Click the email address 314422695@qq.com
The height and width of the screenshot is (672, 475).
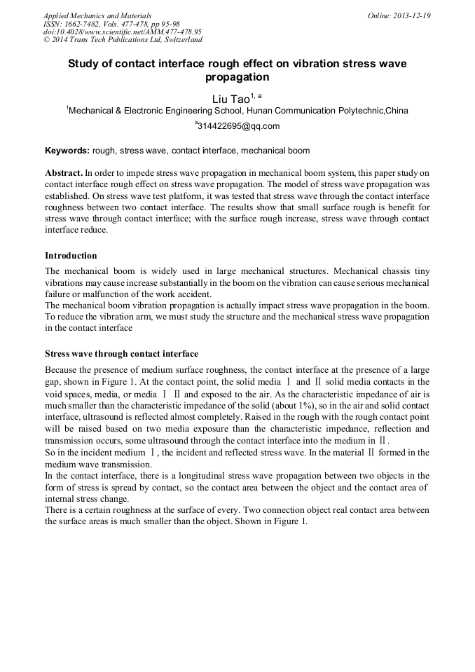pos(238,127)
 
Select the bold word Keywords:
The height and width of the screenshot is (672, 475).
pos(67,151)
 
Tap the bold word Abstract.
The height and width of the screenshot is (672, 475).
pos(64,172)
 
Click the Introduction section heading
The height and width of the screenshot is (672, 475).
pos(71,255)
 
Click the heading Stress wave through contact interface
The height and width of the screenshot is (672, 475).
pos(121,354)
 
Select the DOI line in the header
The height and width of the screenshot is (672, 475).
pos(123,32)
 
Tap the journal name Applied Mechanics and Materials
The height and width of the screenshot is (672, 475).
pos(97,15)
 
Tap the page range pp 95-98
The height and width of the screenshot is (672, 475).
pos(164,24)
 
